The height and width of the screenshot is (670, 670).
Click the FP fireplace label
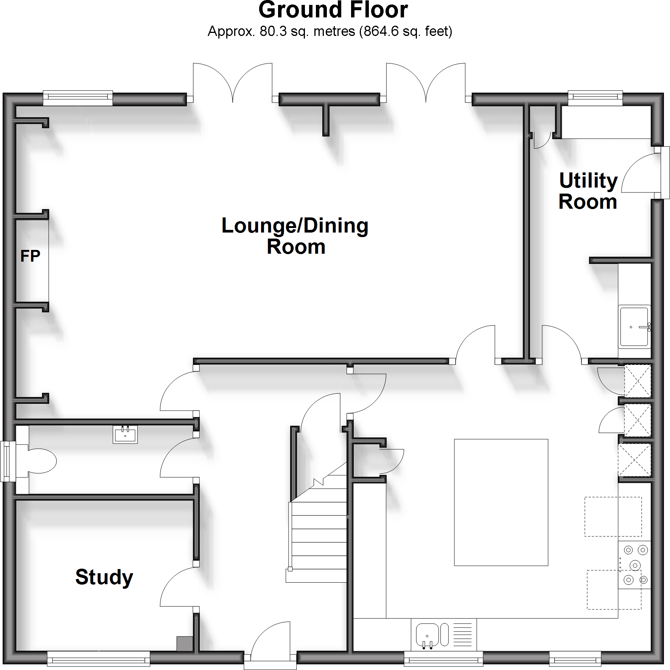click(x=30, y=256)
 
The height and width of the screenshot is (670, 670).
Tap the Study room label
click(x=104, y=577)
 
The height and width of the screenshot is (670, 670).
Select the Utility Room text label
click(x=588, y=191)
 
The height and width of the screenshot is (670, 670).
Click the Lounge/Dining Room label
click(x=295, y=236)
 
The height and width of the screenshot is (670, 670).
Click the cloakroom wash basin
click(x=125, y=434)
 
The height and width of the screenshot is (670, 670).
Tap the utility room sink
click(x=634, y=327)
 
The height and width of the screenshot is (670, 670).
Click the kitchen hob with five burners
click(x=634, y=565)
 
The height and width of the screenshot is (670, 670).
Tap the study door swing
click(x=178, y=588)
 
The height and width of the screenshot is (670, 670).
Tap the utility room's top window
click(x=595, y=98)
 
